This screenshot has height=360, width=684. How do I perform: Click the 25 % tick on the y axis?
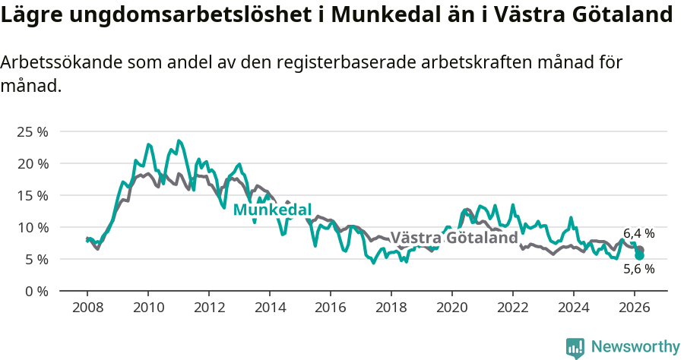coord(32,131)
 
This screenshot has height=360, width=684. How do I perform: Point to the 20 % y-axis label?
coord(32,163)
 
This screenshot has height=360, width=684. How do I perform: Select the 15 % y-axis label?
coord(32,195)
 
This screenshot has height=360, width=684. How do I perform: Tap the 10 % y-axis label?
coord(32,227)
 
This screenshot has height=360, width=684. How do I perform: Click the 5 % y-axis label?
coord(35,259)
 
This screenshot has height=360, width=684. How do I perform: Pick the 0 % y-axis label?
coord(35,291)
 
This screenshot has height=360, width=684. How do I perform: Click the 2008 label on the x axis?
coord(87,308)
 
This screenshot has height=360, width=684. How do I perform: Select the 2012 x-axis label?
coord(208,308)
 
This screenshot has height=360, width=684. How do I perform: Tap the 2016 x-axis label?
coord(330,308)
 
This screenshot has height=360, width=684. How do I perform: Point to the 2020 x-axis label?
coord(451,308)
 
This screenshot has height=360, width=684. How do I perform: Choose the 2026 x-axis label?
coord(634,308)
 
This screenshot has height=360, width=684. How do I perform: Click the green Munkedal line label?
coord(272,210)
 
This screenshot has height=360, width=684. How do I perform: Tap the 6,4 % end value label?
coord(638,233)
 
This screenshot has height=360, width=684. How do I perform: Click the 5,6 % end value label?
coord(638,269)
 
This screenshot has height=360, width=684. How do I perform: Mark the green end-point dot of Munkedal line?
coord(640,256)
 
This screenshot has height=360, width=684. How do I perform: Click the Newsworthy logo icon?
coord(575,347)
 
